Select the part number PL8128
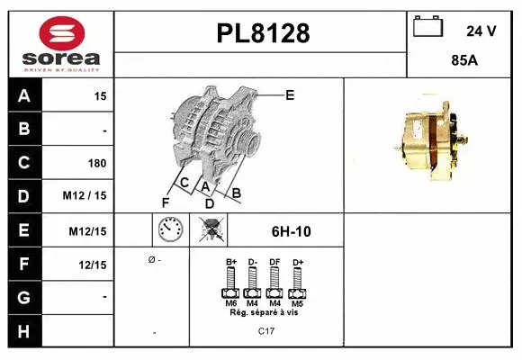(x=263, y=34)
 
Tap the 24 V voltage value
(x=481, y=31)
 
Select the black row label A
(x=23, y=95)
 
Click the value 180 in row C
(x=96, y=164)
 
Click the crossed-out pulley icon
(x=213, y=230)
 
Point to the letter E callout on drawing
(x=290, y=94)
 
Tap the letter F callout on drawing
(x=165, y=202)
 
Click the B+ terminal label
(x=229, y=261)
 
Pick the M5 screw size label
(x=297, y=303)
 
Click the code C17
(x=265, y=332)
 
